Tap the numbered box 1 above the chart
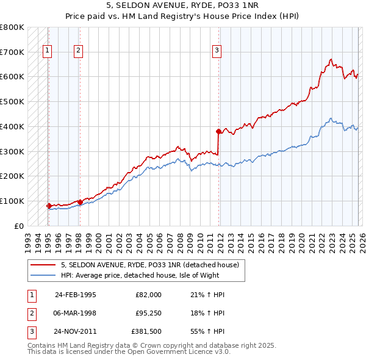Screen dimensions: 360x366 (48, 51)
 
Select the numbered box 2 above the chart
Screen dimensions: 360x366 (79, 51)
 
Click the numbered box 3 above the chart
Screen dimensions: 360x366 (217, 51)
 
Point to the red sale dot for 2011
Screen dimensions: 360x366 (218, 131)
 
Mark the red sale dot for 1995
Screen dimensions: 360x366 (49, 206)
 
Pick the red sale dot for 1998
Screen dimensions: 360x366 (79, 202)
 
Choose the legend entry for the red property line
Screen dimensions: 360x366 (152, 265)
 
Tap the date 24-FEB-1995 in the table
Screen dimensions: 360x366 (75, 295)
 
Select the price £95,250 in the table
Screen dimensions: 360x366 (146, 314)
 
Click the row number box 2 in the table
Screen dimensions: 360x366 (30, 314)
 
